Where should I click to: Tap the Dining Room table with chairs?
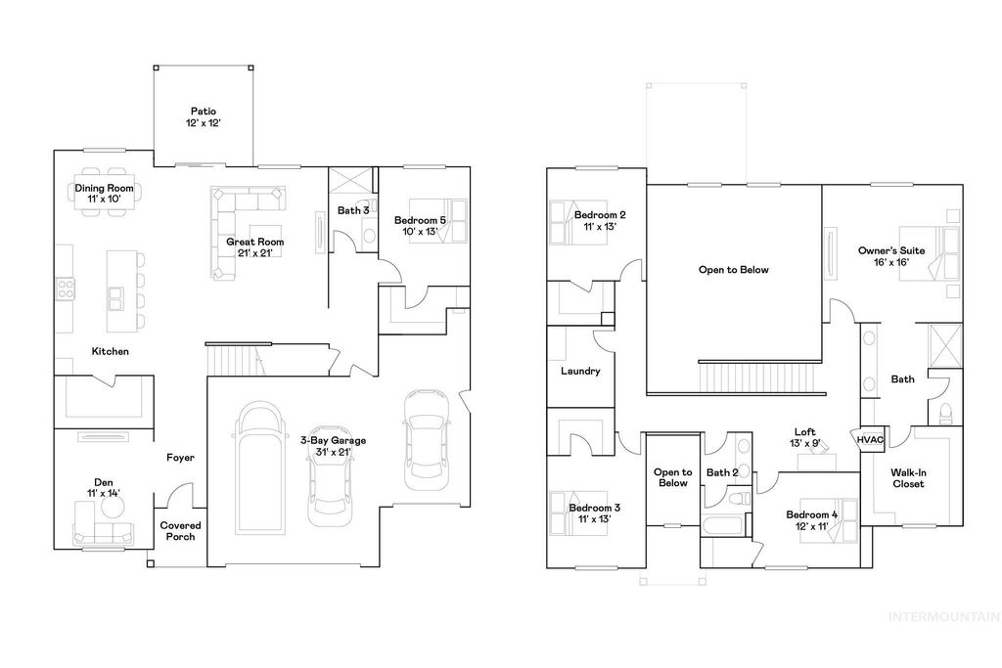[105, 194]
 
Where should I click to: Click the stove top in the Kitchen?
[67, 288]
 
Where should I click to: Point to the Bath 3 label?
[353, 210]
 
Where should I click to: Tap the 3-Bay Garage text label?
[333, 446]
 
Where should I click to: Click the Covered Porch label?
[177, 531]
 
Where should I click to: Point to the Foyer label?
[180, 458]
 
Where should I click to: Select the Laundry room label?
[580, 372]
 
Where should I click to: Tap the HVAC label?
[870, 440]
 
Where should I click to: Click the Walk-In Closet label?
[907, 477]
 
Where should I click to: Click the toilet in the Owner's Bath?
[945, 415]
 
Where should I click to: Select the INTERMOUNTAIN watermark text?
[943, 617]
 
